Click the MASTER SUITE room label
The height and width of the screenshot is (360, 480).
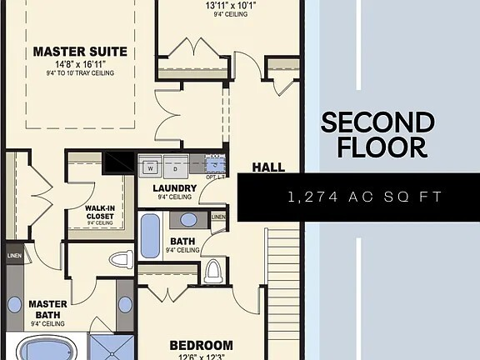[x=80, y=52]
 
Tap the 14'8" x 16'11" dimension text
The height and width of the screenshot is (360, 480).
[x=80, y=63]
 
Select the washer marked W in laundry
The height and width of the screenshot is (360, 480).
[x=151, y=167]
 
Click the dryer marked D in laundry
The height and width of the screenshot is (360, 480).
[x=176, y=167]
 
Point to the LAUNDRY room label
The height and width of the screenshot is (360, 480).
[x=174, y=188]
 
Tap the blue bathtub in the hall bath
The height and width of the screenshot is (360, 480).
[x=150, y=235]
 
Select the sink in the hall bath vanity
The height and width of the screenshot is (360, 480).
[x=189, y=220]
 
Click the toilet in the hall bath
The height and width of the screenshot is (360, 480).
[x=213, y=270]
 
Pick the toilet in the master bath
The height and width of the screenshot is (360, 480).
[x=122, y=257]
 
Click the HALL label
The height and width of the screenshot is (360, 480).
[x=268, y=167]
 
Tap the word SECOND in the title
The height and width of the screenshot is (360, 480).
[x=377, y=122]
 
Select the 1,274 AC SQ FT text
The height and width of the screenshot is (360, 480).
[x=363, y=197]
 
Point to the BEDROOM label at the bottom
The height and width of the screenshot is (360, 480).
[x=201, y=345]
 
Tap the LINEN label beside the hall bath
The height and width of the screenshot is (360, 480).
[x=218, y=217]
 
